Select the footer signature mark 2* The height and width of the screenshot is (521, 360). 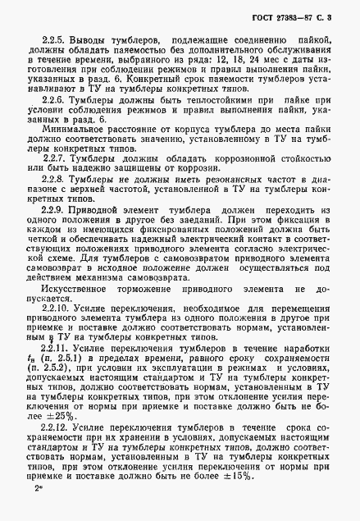38,489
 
